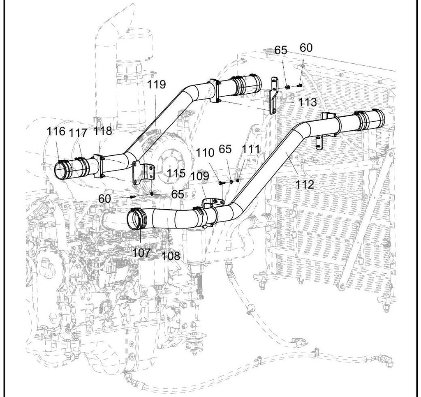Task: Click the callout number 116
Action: click(x=56, y=131)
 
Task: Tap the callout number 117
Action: click(x=79, y=133)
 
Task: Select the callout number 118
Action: click(x=102, y=131)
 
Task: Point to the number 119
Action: click(x=157, y=84)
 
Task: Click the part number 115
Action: click(x=176, y=173)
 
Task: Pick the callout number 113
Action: click(x=308, y=102)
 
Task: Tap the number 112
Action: click(x=305, y=185)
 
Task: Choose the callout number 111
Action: click(x=251, y=149)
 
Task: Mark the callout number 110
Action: click(x=205, y=153)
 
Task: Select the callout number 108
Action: click(x=171, y=256)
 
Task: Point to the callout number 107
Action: click(x=142, y=253)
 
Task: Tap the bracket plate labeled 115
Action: click(x=142, y=173)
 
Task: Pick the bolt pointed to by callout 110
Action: click(x=221, y=183)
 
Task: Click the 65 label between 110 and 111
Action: click(x=225, y=149)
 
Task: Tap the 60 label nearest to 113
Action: click(x=306, y=48)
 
